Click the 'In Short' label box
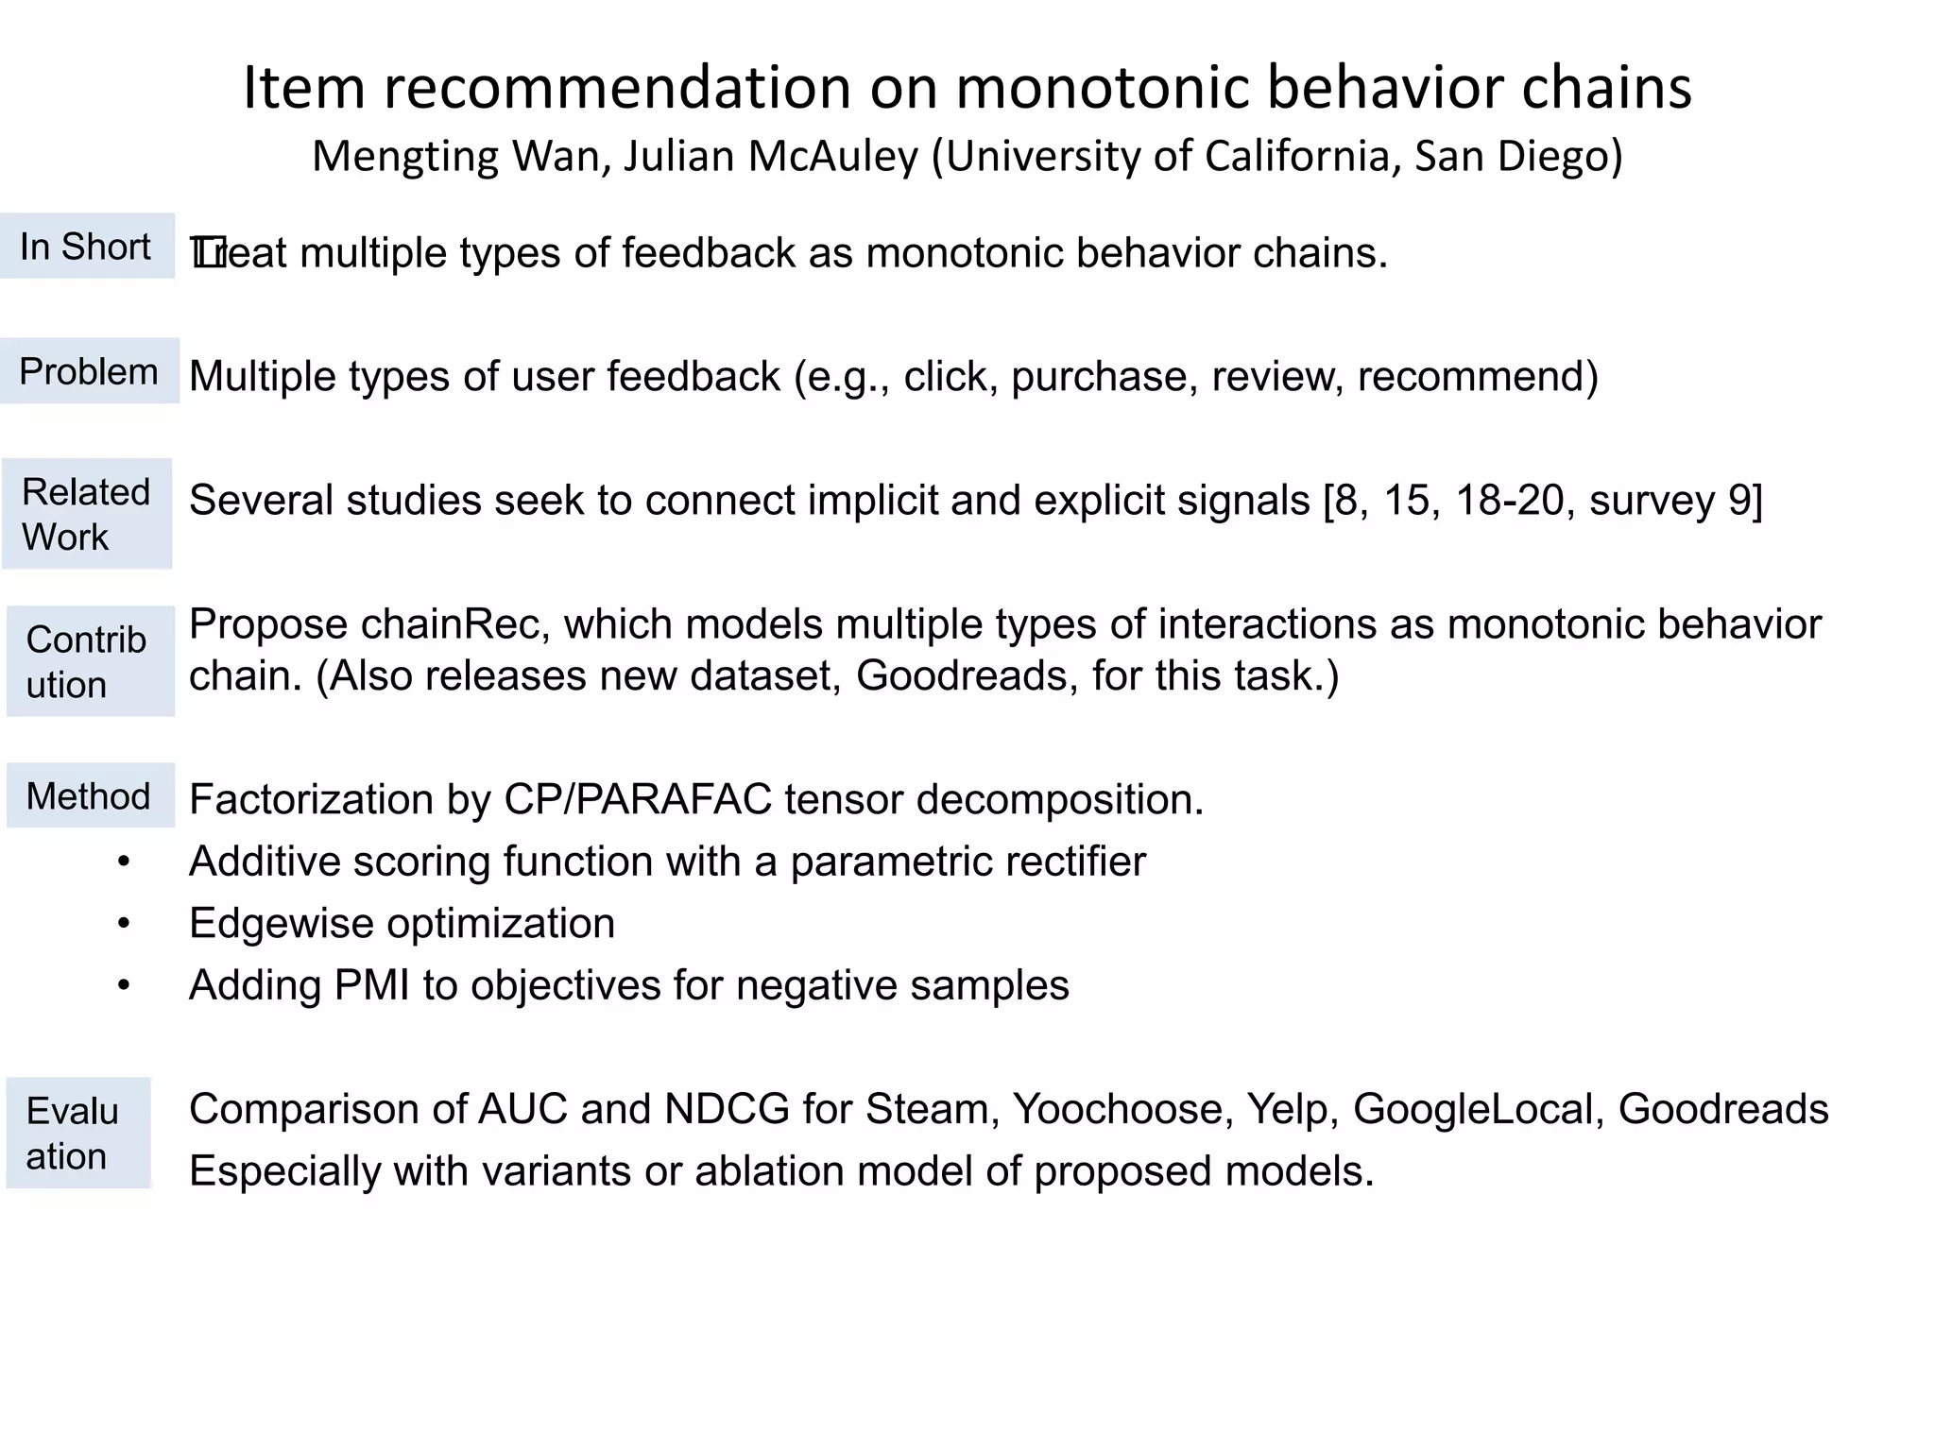tap(87, 247)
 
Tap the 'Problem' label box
tap(89, 371)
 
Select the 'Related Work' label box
tap(87, 514)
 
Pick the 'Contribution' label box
tap(90, 661)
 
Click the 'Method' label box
tap(90, 796)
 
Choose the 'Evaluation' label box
tap(78, 1133)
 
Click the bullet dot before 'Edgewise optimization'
tap(124, 924)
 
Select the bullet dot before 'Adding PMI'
tap(124, 986)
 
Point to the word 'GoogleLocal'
tap(1478, 1110)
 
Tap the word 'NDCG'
tap(727, 1110)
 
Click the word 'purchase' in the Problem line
tap(1097, 377)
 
